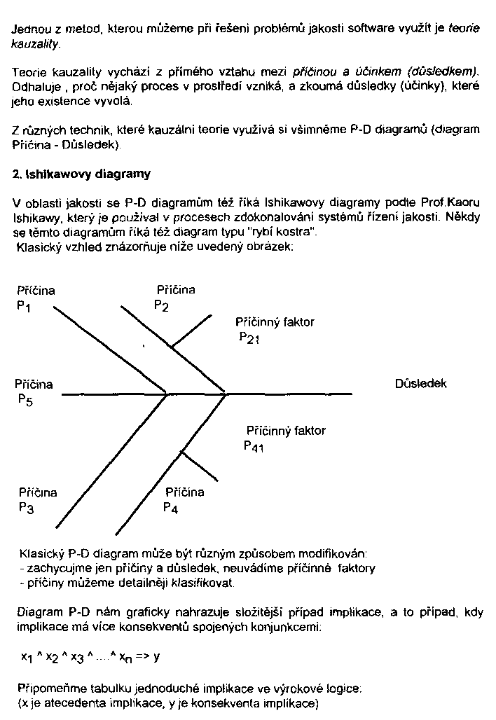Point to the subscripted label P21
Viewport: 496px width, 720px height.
[x=249, y=340]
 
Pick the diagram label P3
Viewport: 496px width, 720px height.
[x=26, y=509]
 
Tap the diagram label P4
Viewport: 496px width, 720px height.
[x=170, y=509]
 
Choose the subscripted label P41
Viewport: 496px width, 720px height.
[x=254, y=447]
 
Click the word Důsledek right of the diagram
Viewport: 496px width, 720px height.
[x=421, y=384]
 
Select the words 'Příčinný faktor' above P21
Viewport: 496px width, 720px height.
[x=275, y=322]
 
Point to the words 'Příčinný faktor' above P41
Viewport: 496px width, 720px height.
[x=286, y=431]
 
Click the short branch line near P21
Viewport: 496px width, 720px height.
[x=191, y=331]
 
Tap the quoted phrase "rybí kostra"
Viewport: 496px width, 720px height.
[x=291, y=231]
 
